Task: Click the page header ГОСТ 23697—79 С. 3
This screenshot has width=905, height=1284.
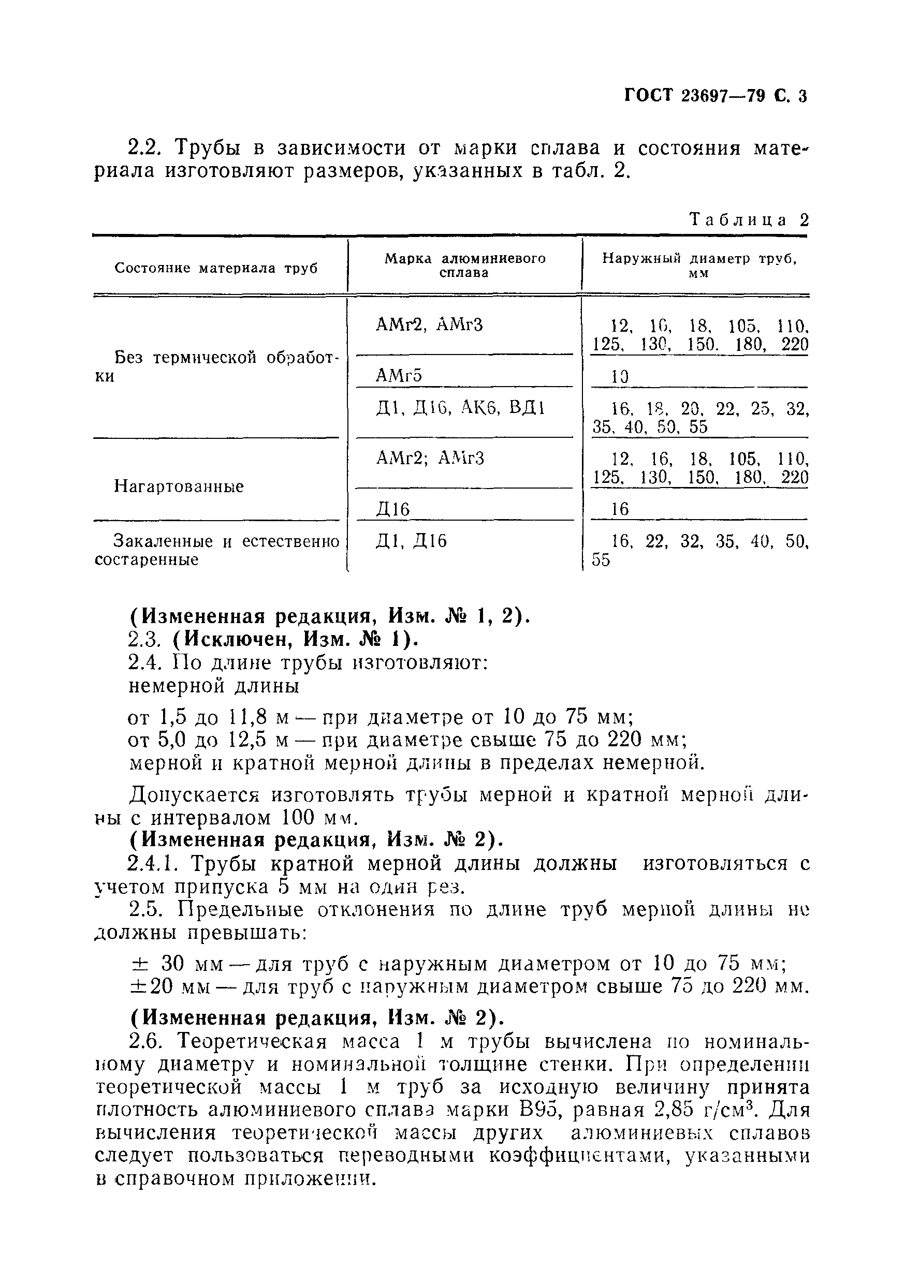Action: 716,96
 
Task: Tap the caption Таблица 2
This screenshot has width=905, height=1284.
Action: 749,220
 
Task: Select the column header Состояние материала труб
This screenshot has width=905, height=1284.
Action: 216,269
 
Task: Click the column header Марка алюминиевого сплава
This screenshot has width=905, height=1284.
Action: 464,265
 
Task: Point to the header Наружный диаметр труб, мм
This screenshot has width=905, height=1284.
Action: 698,265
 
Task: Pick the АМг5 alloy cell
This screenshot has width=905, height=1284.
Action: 398,375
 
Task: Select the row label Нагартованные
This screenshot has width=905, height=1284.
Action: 179,486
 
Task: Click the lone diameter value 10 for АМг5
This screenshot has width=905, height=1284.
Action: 620,377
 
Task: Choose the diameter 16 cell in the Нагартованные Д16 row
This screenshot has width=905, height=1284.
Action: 620,509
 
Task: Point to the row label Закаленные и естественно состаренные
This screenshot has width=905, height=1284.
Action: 217,550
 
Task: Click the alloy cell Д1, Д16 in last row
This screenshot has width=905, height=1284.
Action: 411,541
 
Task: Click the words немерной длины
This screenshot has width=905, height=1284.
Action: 214,686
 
